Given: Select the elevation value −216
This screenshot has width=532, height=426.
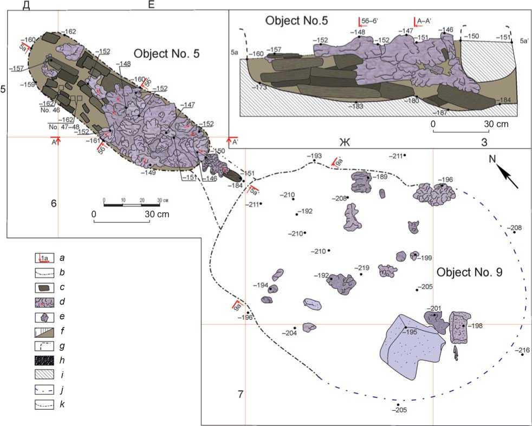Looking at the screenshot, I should click(x=523, y=350).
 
